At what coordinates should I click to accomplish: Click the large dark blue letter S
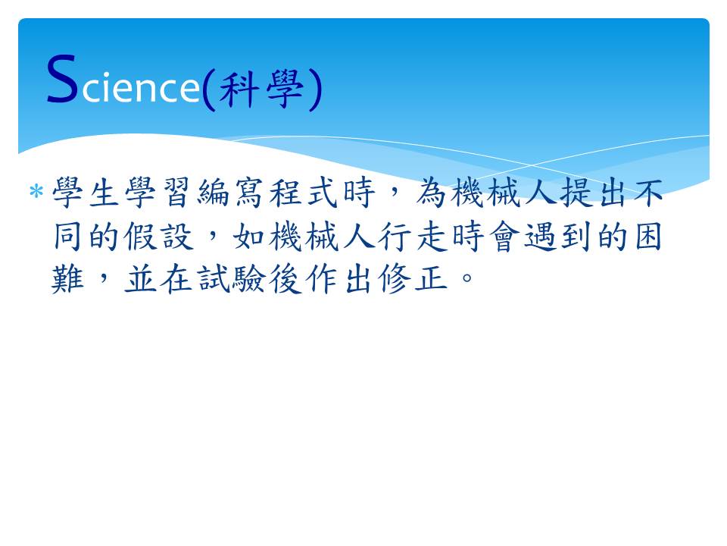click(62, 78)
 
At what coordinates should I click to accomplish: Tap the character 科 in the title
click(239, 89)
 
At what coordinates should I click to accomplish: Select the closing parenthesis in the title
click(315, 90)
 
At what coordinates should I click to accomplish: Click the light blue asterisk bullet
click(36, 191)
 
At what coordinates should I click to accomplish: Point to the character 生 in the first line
click(103, 192)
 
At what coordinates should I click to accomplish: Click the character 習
click(176, 192)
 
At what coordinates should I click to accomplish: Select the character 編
click(212, 192)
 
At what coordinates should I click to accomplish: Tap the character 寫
click(248, 192)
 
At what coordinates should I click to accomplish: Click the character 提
click(576, 192)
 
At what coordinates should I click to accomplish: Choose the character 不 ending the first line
click(648, 192)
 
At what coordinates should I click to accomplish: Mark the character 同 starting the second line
click(67, 237)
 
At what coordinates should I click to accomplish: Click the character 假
click(139, 237)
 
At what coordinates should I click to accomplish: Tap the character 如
click(248, 237)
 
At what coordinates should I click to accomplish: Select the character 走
click(430, 237)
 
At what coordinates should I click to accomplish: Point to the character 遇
click(539, 237)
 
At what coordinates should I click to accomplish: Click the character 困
click(648, 237)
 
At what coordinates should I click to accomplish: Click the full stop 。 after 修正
click(467, 278)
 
